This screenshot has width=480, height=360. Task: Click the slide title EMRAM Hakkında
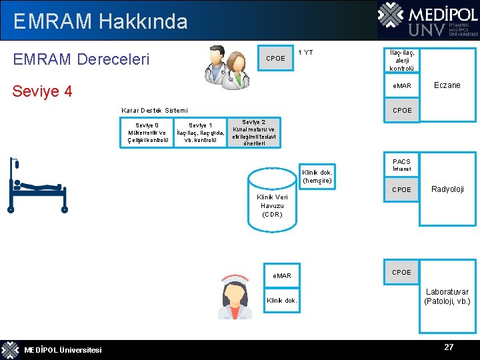point(100,21)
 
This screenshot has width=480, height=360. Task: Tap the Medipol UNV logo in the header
point(427,20)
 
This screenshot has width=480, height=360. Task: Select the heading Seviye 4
point(43,91)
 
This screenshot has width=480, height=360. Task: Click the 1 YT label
point(305,53)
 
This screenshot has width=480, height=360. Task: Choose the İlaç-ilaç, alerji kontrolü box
point(401,59)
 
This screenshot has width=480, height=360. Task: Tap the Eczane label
point(447,85)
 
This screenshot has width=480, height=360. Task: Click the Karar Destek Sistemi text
point(155,110)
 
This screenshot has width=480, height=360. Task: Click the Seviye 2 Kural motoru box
point(253,133)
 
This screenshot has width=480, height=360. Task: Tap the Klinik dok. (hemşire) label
point(317,177)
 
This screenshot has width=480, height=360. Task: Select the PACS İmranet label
point(401,165)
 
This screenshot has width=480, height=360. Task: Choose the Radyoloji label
point(447,189)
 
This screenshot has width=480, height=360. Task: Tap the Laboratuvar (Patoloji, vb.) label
point(447,297)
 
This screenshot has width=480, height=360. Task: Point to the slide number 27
point(449,347)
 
